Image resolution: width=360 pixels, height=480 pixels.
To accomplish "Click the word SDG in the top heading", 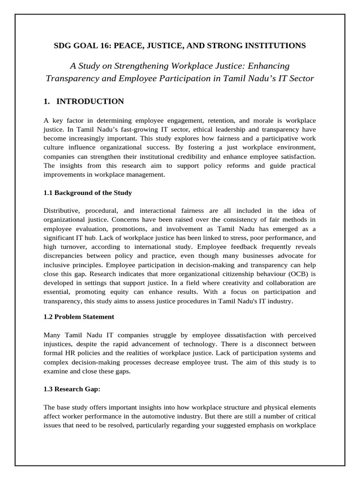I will click(63, 45).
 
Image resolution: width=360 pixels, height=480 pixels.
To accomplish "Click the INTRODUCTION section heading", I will click(90, 102).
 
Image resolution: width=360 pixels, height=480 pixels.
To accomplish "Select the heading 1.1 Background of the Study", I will click(88, 193).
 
